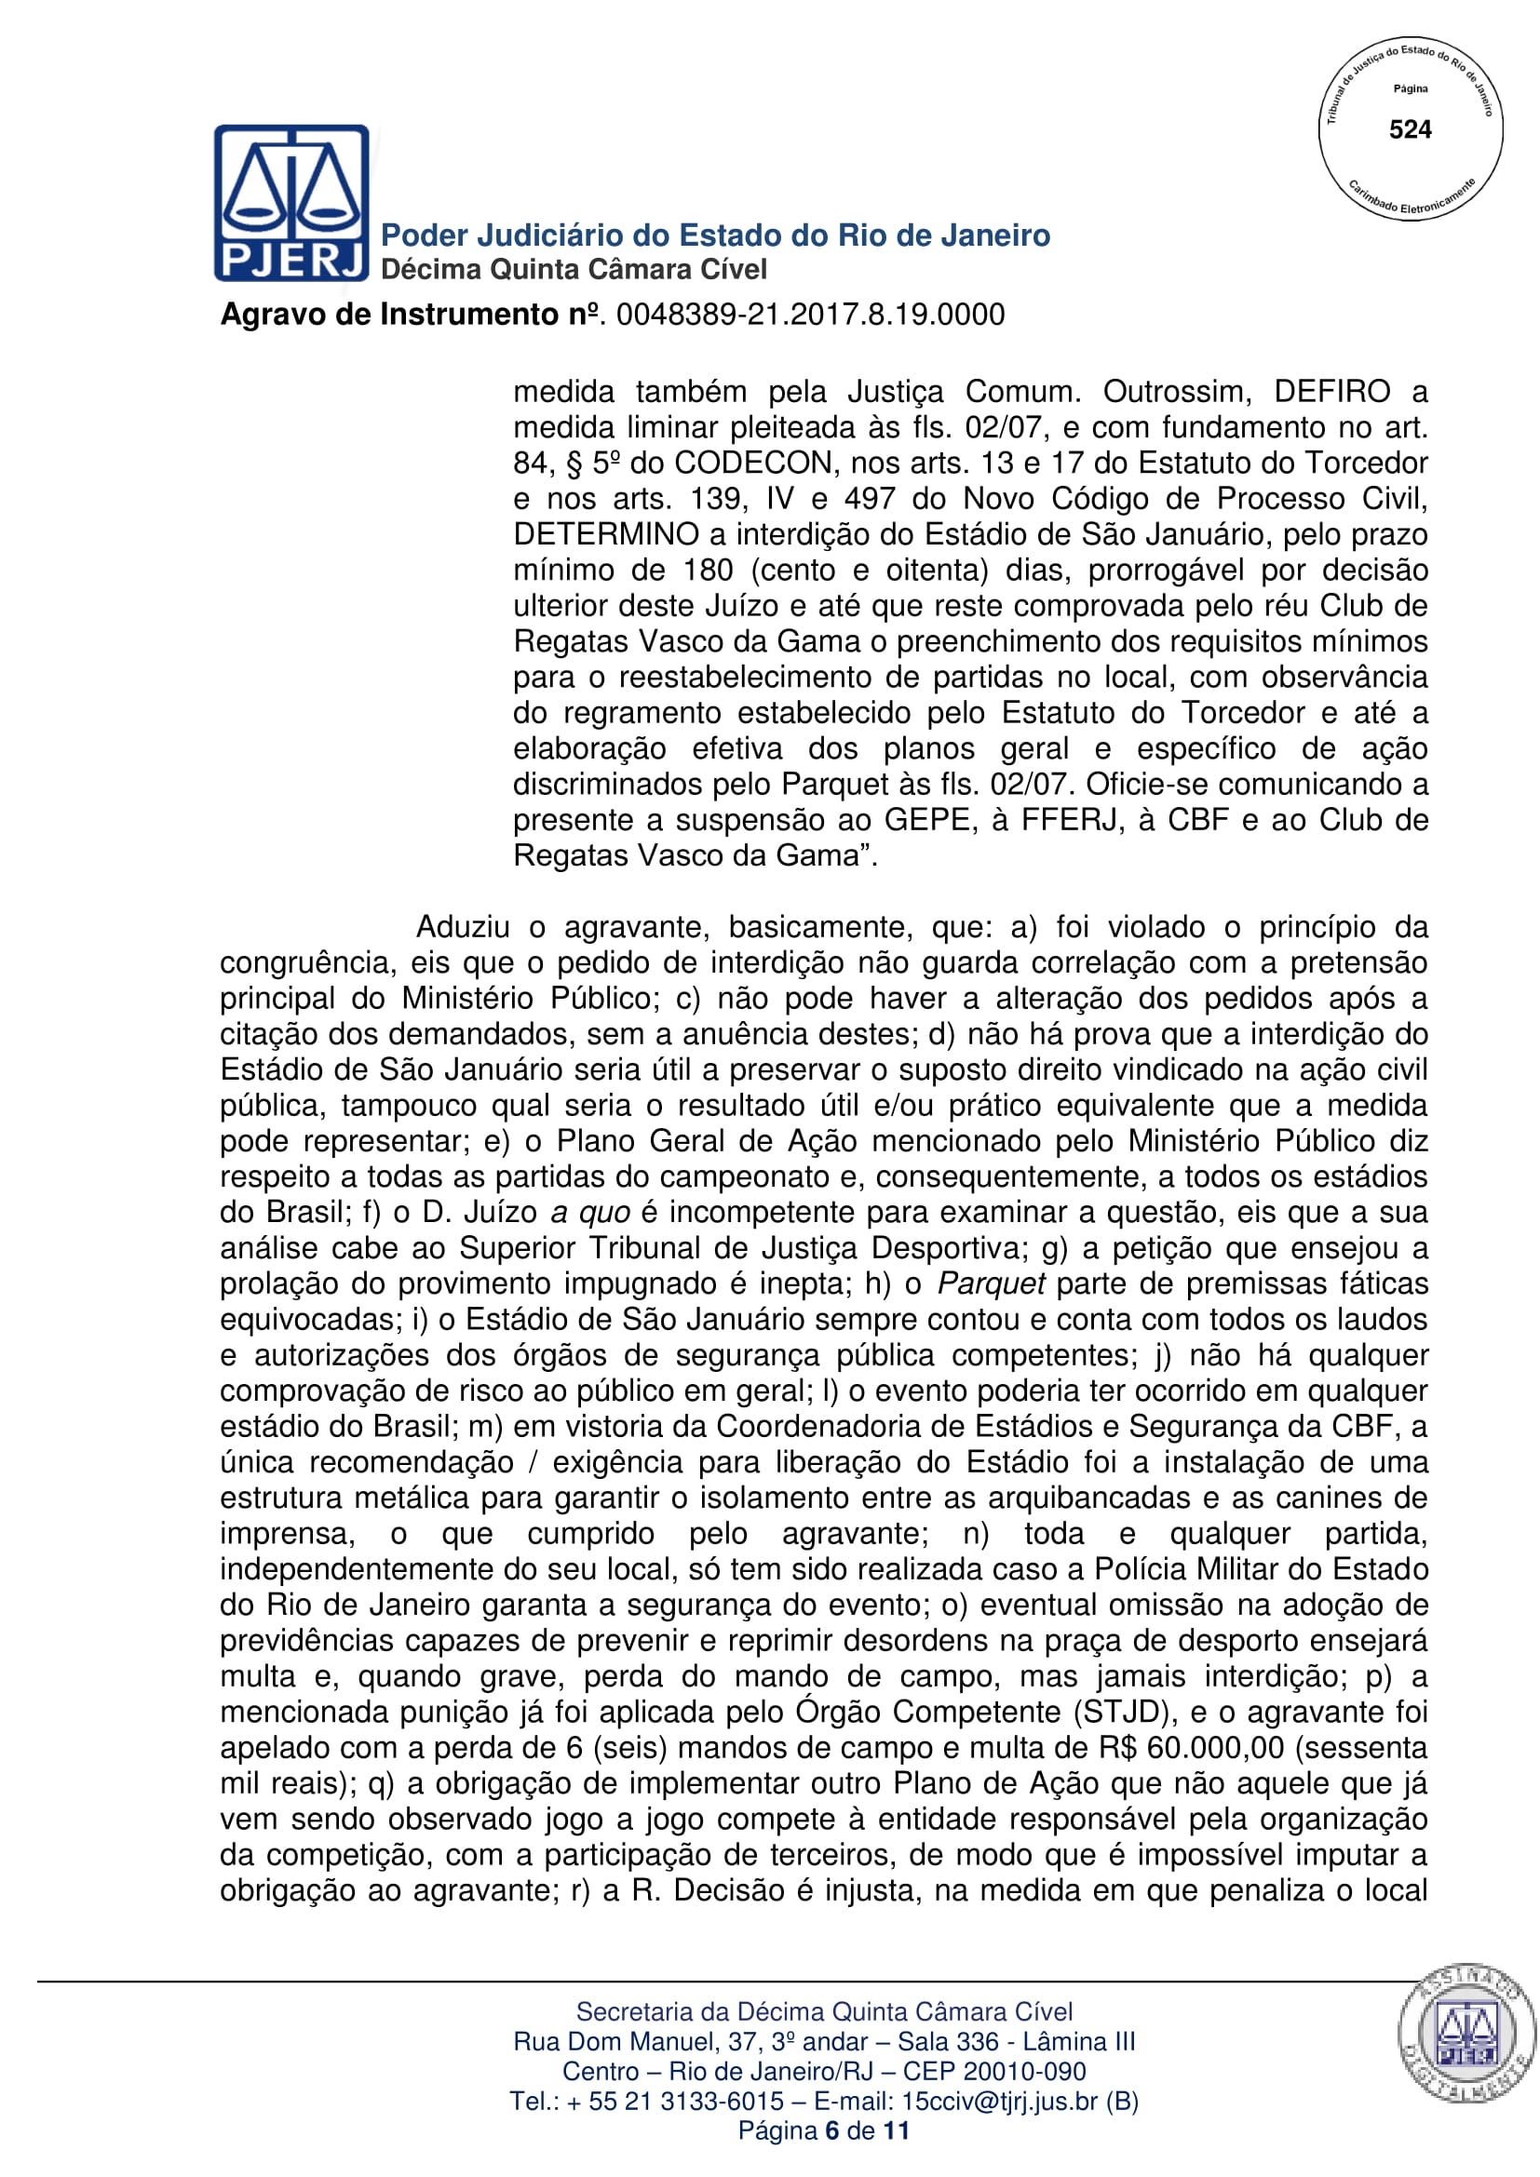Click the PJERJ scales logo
point(291,202)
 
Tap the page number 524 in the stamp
point(1409,130)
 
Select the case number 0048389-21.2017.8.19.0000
point(810,315)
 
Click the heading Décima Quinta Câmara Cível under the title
point(574,270)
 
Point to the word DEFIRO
point(1331,392)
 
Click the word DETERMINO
point(606,535)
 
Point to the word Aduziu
point(463,927)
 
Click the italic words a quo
point(589,1213)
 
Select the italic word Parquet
point(991,1283)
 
